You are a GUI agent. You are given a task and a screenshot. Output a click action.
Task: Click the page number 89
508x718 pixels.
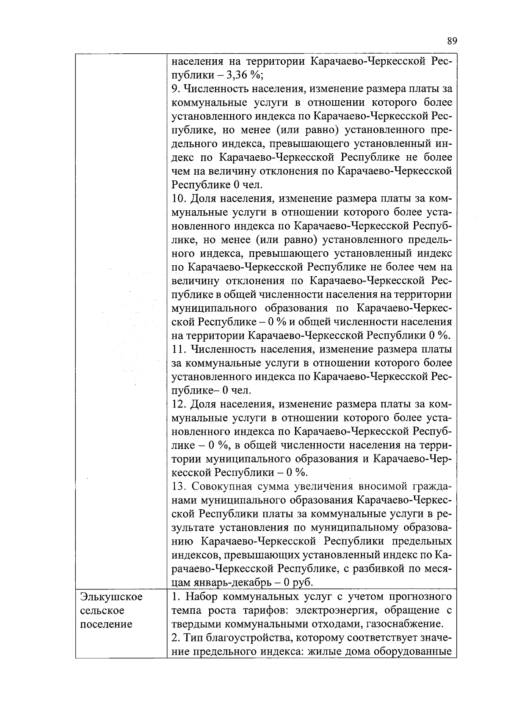(x=452, y=41)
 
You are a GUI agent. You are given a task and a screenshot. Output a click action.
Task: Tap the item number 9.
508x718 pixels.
(x=175, y=89)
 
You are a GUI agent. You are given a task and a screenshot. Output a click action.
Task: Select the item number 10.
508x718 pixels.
(x=179, y=198)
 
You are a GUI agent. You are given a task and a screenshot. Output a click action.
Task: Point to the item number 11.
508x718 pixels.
(x=178, y=349)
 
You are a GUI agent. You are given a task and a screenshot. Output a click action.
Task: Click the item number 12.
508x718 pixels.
(x=179, y=404)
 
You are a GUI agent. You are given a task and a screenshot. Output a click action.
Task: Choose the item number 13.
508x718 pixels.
(x=179, y=487)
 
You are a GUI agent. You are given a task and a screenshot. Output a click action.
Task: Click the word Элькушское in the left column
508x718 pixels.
(x=111, y=597)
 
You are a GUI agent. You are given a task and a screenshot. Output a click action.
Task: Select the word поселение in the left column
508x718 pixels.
(x=106, y=624)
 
